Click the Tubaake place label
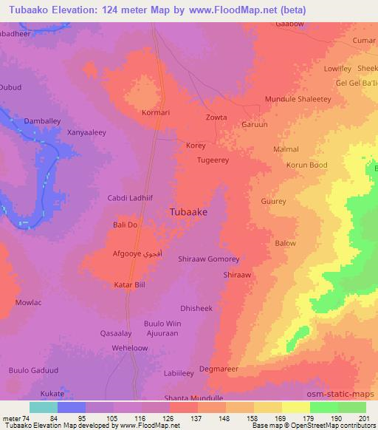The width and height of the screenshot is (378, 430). (188, 211)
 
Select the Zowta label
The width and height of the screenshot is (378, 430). (216, 117)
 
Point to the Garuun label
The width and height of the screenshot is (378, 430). (255, 125)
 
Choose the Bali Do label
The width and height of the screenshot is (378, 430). (126, 225)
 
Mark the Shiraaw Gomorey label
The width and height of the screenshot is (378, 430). (209, 259)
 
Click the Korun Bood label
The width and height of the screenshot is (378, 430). (306, 165)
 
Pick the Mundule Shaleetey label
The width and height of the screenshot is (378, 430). (298, 99)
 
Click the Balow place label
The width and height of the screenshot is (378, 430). (285, 243)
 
